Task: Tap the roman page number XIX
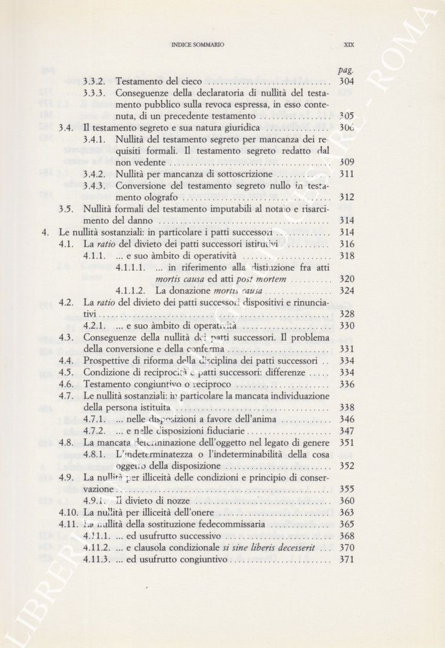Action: point(348,44)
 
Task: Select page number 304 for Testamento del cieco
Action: point(347,81)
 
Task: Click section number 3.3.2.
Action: point(95,81)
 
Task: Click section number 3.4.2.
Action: point(95,174)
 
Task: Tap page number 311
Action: point(347,174)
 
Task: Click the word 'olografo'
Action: point(159,198)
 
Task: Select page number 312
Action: point(347,198)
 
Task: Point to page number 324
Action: point(347,290)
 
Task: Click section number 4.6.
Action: point(67,384)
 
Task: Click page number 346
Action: point(347,419)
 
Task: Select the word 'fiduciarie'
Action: point(226,431)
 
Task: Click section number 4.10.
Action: point(69,512)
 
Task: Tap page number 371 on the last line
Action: point(347,559)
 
